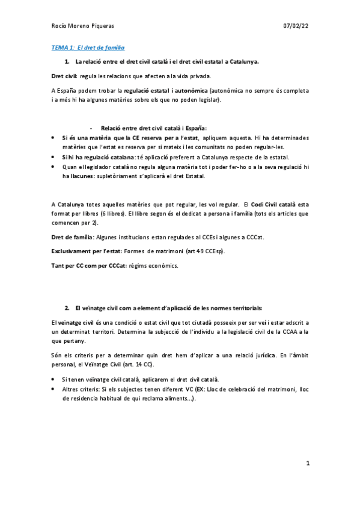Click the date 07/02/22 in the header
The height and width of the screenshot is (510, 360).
[296, 26]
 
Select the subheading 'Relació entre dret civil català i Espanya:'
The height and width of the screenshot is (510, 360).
[153, 128]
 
